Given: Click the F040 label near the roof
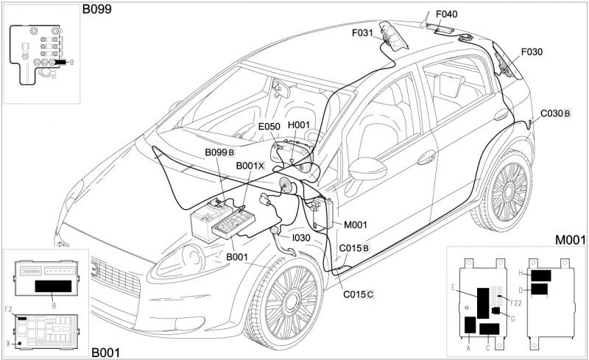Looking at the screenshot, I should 446,13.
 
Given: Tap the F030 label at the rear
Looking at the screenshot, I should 531,52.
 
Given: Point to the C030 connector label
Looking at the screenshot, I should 555,113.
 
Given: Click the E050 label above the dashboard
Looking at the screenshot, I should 269,127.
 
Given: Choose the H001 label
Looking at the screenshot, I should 298,126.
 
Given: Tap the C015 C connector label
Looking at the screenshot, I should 359,294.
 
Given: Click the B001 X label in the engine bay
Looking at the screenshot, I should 250,166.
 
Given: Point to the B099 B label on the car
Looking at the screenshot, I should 219,152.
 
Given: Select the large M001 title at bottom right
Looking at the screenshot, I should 570,240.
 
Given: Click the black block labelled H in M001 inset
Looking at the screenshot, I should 541,275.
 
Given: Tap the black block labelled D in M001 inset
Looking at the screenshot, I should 539,289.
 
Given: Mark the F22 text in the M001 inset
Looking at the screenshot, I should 515,303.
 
